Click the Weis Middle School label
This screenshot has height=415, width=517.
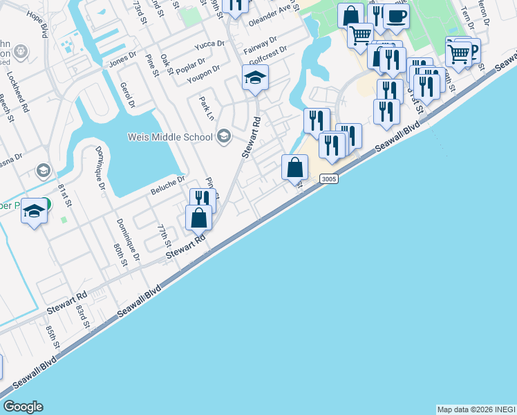(170, 137)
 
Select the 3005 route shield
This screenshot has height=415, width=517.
(329, 179)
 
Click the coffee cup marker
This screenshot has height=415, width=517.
(396, 16)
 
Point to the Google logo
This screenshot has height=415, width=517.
(23, 407)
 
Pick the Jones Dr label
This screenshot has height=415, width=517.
(123, 63)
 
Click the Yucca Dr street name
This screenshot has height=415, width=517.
(210, 44)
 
